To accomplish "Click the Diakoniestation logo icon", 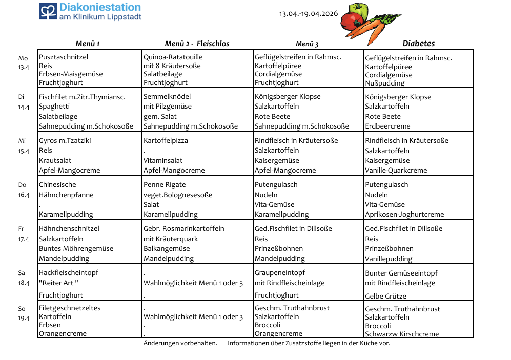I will (x=48, y=11).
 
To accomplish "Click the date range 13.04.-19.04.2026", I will (x=309, y=13).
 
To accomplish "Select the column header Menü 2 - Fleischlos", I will (x=197, y=44).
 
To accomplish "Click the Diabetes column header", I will (x=418, y=44).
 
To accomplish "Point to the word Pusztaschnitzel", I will (x=64, y=57).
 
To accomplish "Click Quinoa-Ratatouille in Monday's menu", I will (x=173, y=57).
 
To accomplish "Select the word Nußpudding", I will (x=385, y=83).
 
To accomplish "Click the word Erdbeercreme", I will (x=387, y=126).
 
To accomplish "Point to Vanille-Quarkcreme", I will (x=396, y=170).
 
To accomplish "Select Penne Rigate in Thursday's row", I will (x=165, y=184).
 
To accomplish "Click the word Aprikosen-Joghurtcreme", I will (x=404, y=214).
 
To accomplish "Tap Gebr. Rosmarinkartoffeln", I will (x=183, y=228).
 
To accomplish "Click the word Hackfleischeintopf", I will (x=69, y=273).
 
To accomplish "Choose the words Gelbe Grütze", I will (x=385, y=296).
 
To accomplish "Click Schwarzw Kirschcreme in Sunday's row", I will (x=402, y=334).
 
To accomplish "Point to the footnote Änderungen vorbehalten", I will (x=180, y=343).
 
